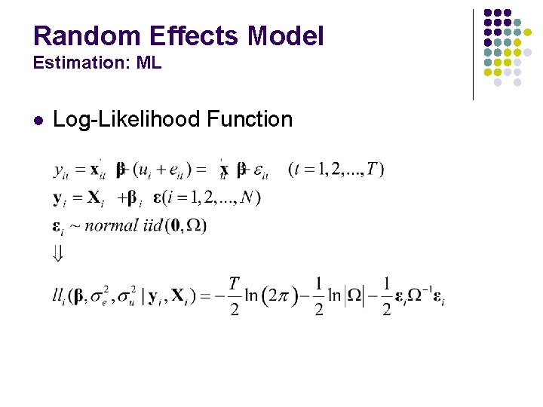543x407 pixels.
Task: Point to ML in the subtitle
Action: coord(149,63)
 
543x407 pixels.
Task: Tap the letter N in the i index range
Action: coord(247,197)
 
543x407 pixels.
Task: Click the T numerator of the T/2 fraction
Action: coord(235,284)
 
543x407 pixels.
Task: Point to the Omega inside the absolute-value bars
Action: coord(354,297)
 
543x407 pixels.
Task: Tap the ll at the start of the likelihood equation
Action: coord(59,297)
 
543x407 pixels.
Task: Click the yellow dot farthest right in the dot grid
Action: coord(527,32)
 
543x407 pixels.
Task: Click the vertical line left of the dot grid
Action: coord(473,54)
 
